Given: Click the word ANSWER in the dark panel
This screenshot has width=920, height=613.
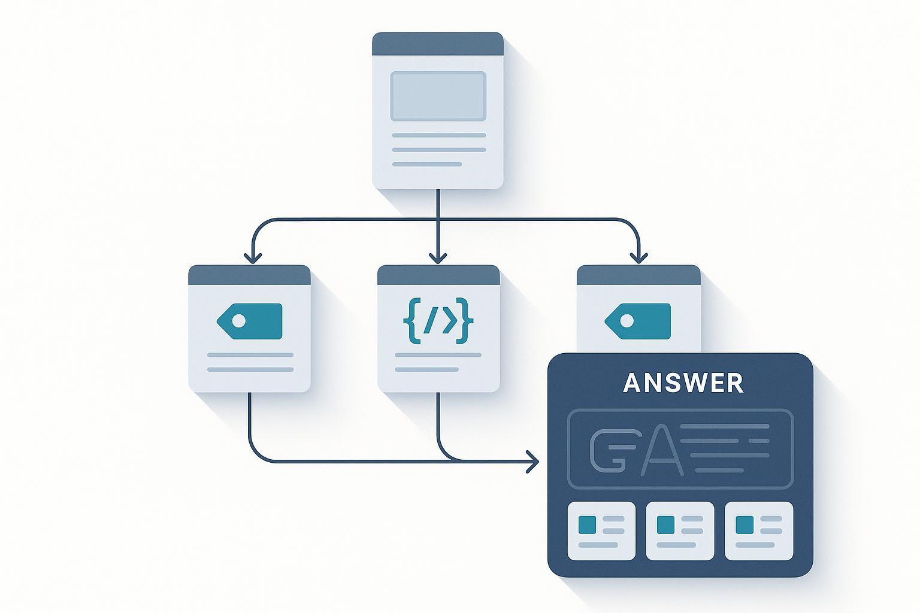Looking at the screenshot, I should [683, 383].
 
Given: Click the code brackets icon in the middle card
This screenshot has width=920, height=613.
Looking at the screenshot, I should [439, 322].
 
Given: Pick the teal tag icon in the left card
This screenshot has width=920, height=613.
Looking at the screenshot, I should [250, 321].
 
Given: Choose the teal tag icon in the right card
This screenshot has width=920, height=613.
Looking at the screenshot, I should [638, 321].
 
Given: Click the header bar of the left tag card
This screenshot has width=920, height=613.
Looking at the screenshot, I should [249, 275].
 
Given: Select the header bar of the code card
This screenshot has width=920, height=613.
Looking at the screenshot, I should [438, 275].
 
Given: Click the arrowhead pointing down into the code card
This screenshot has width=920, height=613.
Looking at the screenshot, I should [438, 258].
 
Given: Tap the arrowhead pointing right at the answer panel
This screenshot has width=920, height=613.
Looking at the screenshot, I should [533, 462].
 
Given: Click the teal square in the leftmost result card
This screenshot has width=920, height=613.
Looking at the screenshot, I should [588, 524].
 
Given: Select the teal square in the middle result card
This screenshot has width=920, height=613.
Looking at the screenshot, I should [666, 524].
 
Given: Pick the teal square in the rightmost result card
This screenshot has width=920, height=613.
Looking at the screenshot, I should [745, 524].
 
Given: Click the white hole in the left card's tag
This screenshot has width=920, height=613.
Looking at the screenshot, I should [238, 321].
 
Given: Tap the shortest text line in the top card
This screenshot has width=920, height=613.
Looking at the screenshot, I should [427, 164].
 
